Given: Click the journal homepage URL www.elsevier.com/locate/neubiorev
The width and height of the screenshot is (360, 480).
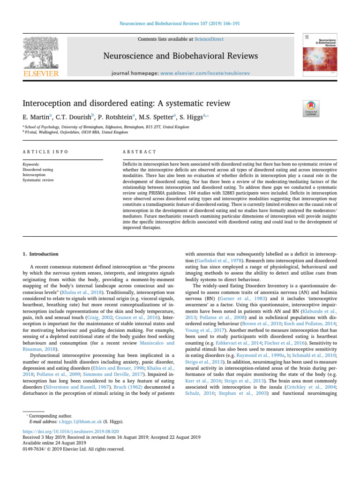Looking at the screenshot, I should tap(212, 73).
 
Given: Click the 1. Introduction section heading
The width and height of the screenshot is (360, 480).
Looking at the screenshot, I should tap(41, 254).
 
